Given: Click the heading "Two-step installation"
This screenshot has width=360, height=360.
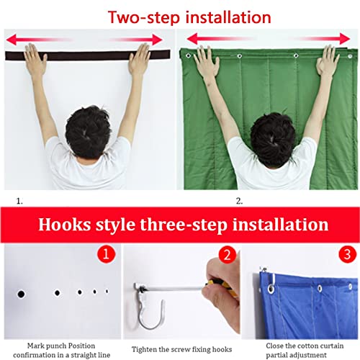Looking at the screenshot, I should pos(179,16).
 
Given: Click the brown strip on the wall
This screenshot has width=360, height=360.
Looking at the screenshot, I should pos(86,54).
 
